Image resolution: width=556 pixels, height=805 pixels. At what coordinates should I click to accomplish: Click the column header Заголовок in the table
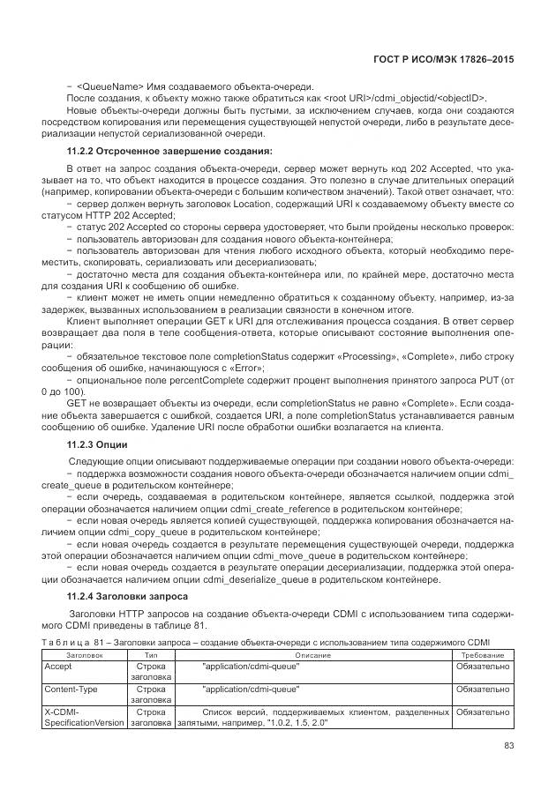pyautogui.click(x=85, y=655)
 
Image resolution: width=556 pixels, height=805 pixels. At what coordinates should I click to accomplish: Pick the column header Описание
pyautogui.click(x=312, y=655)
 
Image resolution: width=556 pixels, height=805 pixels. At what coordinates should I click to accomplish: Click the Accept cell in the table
pyautogui.click(x=58, y=667)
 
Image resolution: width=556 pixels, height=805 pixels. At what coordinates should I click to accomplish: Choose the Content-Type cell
pyautogui.click(x=71, y=689)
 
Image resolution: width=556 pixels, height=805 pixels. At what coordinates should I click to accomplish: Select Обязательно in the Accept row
pyautogui.click(x=482, y=667)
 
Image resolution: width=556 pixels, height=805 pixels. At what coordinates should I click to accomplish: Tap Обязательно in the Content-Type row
pyautogui.click(x=482, y=689)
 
